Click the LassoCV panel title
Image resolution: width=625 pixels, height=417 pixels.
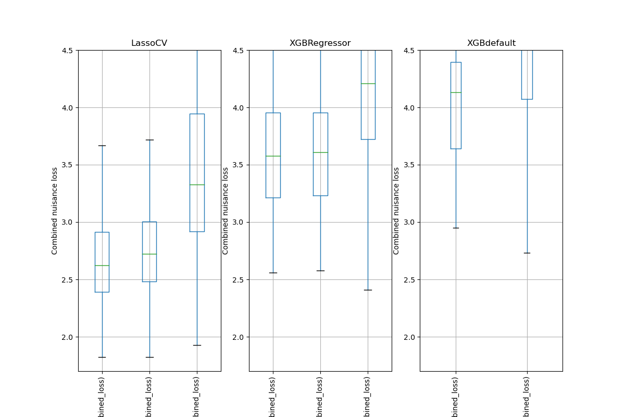[x=149, y=43]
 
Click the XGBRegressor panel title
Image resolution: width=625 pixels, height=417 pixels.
[x=320, y=43]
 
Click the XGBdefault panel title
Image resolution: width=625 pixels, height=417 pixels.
[x=491, y=43]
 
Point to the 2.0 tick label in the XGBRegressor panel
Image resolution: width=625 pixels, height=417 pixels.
[x=238, y=337]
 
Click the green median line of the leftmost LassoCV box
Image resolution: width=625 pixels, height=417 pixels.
[x=102, y=265]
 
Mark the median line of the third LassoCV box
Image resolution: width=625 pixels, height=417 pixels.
[x=197, y=185]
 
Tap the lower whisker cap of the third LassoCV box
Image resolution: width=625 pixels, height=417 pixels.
[x=197, y=345]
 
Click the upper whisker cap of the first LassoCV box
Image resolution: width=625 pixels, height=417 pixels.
[x=102, y=145]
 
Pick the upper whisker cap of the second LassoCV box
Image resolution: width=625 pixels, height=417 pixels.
[x=149, y=140]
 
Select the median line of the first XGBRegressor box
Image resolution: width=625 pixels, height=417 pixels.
[x=273, y=156]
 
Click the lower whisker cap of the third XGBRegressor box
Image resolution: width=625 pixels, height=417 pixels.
[x=368, y=290]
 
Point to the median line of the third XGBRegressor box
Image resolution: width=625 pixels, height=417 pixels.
[x=368, y=83]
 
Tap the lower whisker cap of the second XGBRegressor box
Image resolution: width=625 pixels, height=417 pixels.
[x=320, y=271]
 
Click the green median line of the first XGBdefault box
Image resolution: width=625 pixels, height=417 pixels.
[x=456, y=92]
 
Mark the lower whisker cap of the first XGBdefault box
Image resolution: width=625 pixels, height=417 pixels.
[x=456, y=228]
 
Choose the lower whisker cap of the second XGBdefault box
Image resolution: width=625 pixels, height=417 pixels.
[x=527, y=253]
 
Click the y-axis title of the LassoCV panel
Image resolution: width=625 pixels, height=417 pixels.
[x=55, y=211]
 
